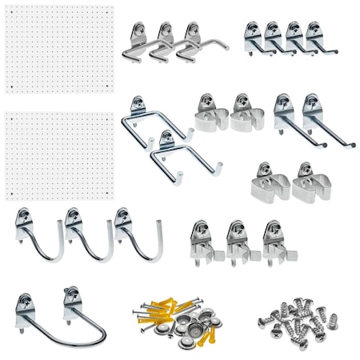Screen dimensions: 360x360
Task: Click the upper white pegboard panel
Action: click(x=60, y=48)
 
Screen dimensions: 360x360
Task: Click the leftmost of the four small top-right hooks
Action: click(x=254, y=38)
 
